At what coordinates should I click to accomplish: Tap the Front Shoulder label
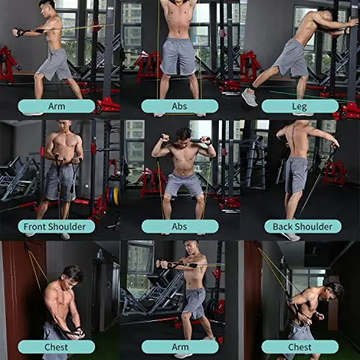[60, 225]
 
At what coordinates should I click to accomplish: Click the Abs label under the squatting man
[179, 225]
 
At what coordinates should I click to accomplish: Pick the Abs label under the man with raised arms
[179, 106]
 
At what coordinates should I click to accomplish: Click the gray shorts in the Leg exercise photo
[291, 59]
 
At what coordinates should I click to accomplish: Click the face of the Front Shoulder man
[63, 127]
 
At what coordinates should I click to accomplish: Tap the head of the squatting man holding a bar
[184, 135]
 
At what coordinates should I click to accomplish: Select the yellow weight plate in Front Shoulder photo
[115, 197]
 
